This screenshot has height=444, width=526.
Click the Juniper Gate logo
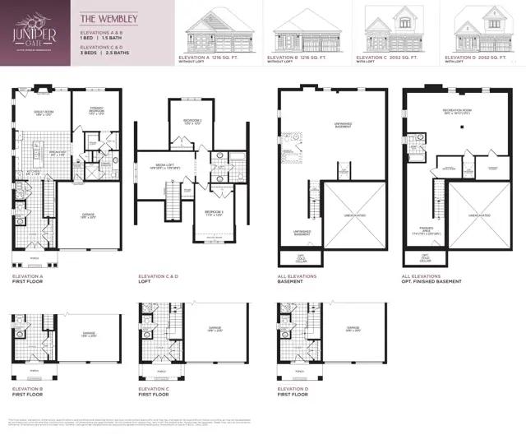(34, 31)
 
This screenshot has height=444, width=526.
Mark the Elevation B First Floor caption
(30, 391)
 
